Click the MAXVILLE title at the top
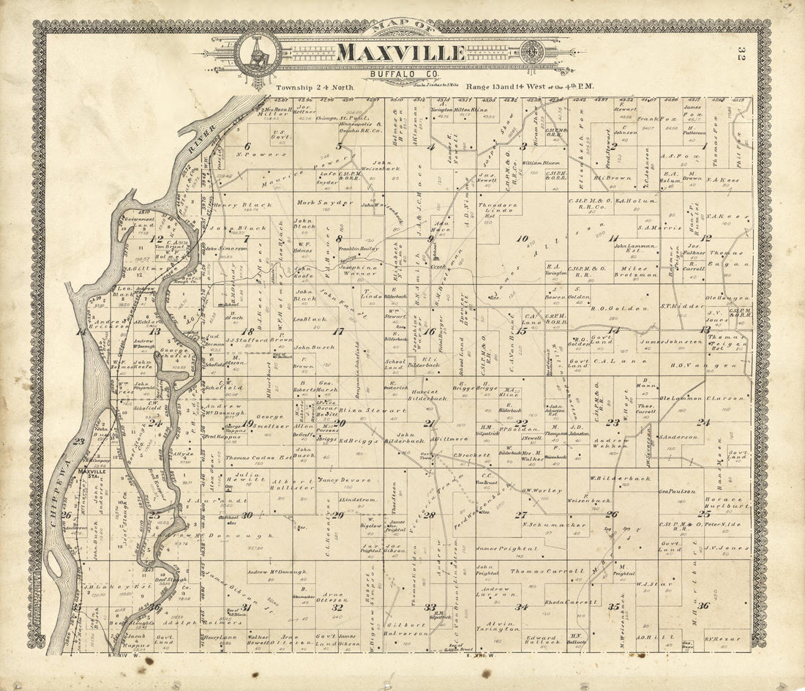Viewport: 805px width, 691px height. (401, 53)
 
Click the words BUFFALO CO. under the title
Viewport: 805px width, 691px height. (401, 74)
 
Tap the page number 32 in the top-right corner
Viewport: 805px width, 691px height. (741, 55)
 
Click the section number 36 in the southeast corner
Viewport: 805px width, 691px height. (703, 605)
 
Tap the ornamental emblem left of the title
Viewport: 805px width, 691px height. (258, 53)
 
